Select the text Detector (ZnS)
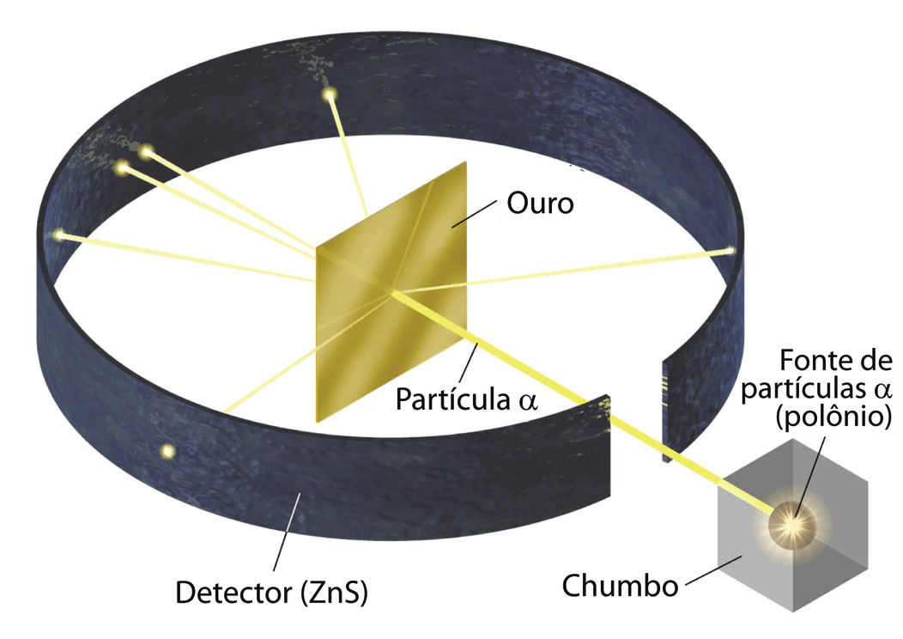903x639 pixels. (x=271, y=592)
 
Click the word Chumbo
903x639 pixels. (x=620, y=586)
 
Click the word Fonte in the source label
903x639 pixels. (x=808, y=362)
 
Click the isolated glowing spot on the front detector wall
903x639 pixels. (x=167, y=450)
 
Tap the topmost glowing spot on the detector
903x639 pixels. (x=328, y=94)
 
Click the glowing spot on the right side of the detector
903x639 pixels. (x=730, y=250)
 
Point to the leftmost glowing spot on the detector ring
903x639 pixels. (x=58, y=234)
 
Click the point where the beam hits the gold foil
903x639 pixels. (x=392, y=293)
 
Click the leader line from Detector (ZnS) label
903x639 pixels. (x=287, y=537)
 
